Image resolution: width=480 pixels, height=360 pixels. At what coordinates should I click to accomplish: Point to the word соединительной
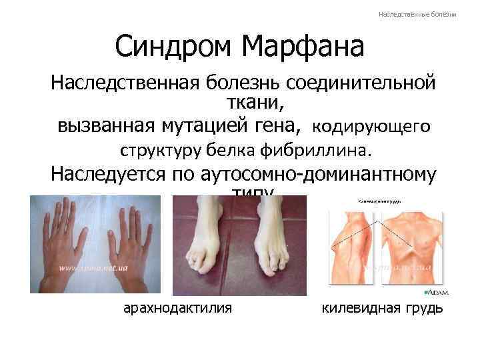[x=362, y=85]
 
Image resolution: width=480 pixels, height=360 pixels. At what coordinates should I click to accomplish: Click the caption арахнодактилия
[x=178, y=309]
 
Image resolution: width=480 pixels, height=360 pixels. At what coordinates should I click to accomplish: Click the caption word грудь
[x=423, y=309]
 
